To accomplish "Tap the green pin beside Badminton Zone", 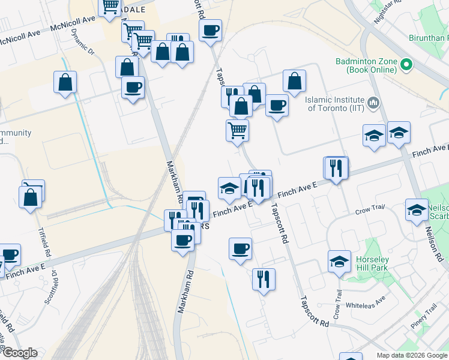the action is [x=406, y=64].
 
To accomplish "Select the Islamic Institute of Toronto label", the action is [x=336, y=104].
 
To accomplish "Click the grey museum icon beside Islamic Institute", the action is [x=373, y=103].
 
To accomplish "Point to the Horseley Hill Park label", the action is [x=372, y=263].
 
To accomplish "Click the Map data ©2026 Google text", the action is [x=412, y=355].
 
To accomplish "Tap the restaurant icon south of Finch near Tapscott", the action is [x=264, y=279].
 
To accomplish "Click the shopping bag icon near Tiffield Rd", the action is [x=30, y=196].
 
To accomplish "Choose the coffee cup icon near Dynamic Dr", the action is [x=132, y=88].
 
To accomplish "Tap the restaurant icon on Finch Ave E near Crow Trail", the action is [x=336, y=168].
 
